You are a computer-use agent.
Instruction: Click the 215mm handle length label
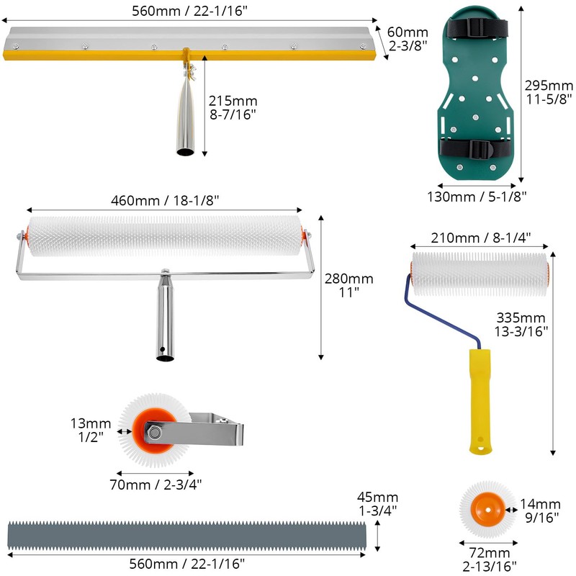coord(233,107)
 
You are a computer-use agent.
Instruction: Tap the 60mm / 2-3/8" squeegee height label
coord(406,38)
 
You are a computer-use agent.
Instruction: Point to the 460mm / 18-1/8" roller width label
coord(165,201)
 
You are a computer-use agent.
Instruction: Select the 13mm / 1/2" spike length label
coord(91,429)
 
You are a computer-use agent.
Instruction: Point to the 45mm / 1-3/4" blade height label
coord(378,504)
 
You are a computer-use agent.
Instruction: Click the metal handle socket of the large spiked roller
coord(163,319)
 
